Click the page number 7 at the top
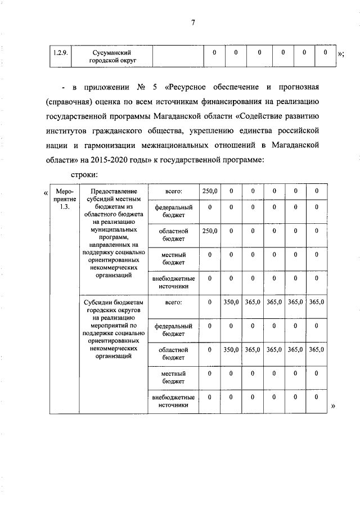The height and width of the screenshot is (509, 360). click(192, 22)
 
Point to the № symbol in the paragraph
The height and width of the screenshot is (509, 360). click(141, 88)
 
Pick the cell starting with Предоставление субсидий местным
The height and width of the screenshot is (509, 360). click(115, 233)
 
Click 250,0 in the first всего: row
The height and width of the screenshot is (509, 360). click(209, 191)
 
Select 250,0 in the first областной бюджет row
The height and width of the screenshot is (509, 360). click(209, 231)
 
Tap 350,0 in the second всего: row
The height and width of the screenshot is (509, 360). click(231, 303)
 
